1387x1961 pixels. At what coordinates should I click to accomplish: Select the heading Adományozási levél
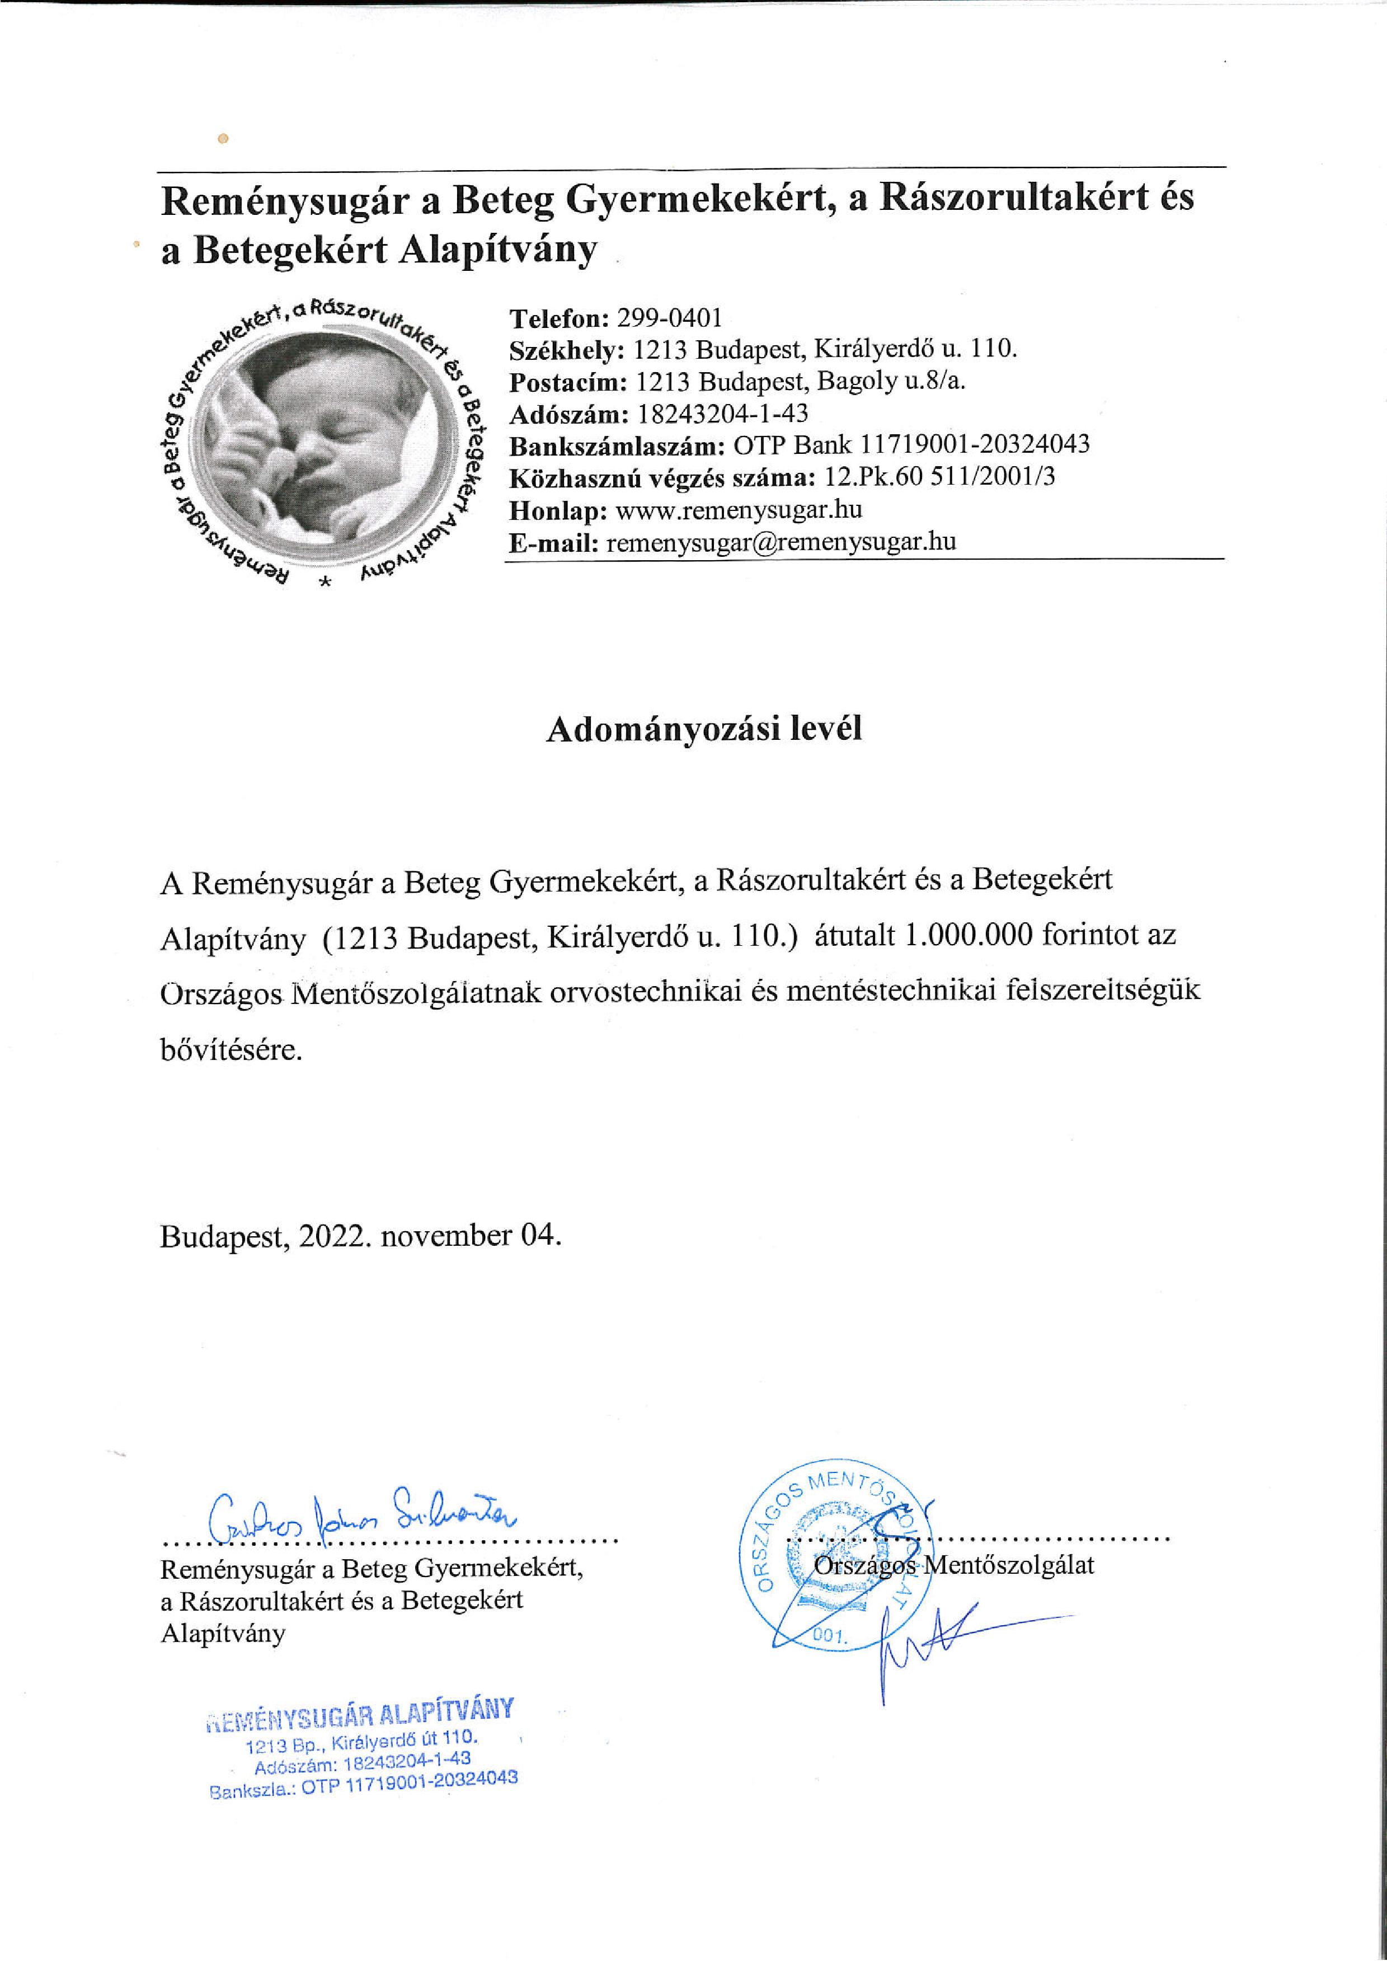(x=704, y=729)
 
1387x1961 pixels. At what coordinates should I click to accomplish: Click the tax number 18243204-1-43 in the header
(x=722, y=414)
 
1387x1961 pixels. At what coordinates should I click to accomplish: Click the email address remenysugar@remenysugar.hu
(x=780, y=542)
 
